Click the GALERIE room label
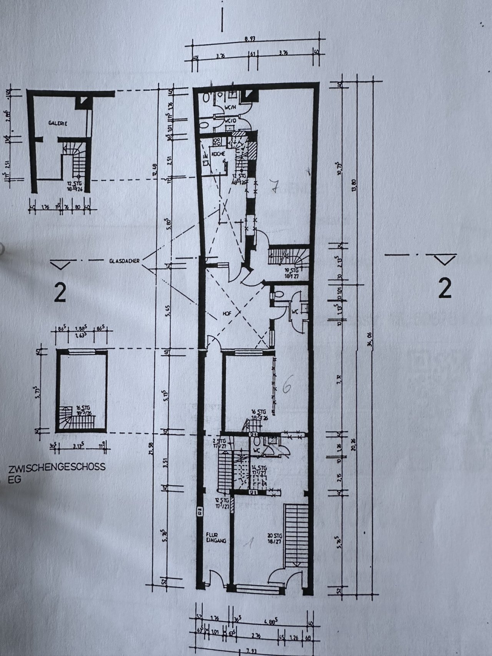coord(58,124)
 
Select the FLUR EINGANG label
coord(216,537)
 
